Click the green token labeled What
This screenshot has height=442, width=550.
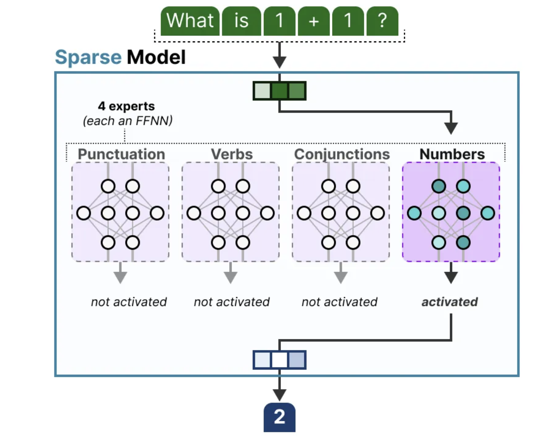pos(190,21)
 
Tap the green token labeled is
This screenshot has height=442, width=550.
pos(241,21)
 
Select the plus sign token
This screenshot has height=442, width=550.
pos(313,21)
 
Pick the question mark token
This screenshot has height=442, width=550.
pos(382,21)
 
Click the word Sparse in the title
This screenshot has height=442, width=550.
pos(88,57)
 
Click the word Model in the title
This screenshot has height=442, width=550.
pos(156,57)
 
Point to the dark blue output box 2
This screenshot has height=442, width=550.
pos(279,417)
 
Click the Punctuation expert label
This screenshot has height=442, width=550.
pos(121,154)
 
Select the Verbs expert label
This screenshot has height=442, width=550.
pos(232,154)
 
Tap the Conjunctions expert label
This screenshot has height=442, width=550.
pos(342,154)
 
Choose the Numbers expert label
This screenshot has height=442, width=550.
pos(452,154)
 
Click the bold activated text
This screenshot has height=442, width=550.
pos(450,302)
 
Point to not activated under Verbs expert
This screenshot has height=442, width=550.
pos(232,302)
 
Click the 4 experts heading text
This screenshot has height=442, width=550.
pos(126,106)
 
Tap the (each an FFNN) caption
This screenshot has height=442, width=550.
pos(128,121)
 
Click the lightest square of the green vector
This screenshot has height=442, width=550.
pos(262,91)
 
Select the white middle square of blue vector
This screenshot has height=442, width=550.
pos(279,360)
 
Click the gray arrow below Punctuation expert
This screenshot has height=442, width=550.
pos(120,276)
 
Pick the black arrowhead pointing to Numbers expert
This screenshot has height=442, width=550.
pos(451,128)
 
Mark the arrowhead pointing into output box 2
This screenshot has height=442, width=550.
pos(279,394)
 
